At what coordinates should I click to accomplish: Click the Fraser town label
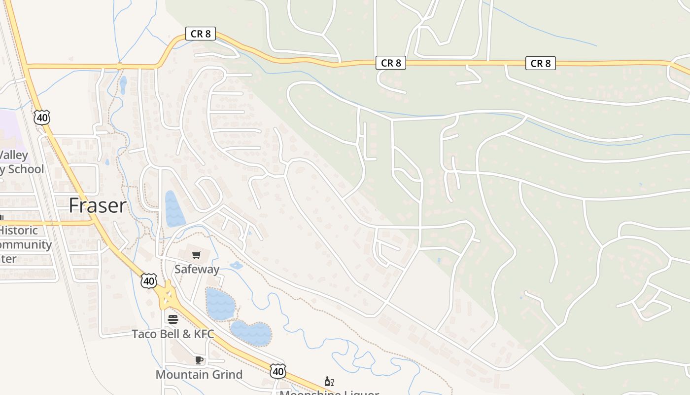98,205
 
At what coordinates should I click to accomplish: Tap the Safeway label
197,269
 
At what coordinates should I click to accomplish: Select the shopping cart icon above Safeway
197,255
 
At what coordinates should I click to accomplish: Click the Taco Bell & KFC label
172,334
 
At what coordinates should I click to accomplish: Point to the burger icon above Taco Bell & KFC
172,319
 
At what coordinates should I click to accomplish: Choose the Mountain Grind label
199,374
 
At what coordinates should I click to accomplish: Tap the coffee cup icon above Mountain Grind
199,360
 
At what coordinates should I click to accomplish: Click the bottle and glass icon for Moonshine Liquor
329,381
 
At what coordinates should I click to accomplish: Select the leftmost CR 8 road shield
201,34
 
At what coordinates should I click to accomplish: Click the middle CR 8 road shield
390,63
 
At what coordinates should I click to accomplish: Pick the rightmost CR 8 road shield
540,63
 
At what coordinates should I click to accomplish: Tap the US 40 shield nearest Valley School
42,118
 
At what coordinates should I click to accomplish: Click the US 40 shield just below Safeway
148,281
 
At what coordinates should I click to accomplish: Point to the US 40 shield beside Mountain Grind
278,371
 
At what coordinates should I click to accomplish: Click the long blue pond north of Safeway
174,209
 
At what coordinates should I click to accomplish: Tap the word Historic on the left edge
19,231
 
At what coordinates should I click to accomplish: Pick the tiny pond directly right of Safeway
237,266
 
